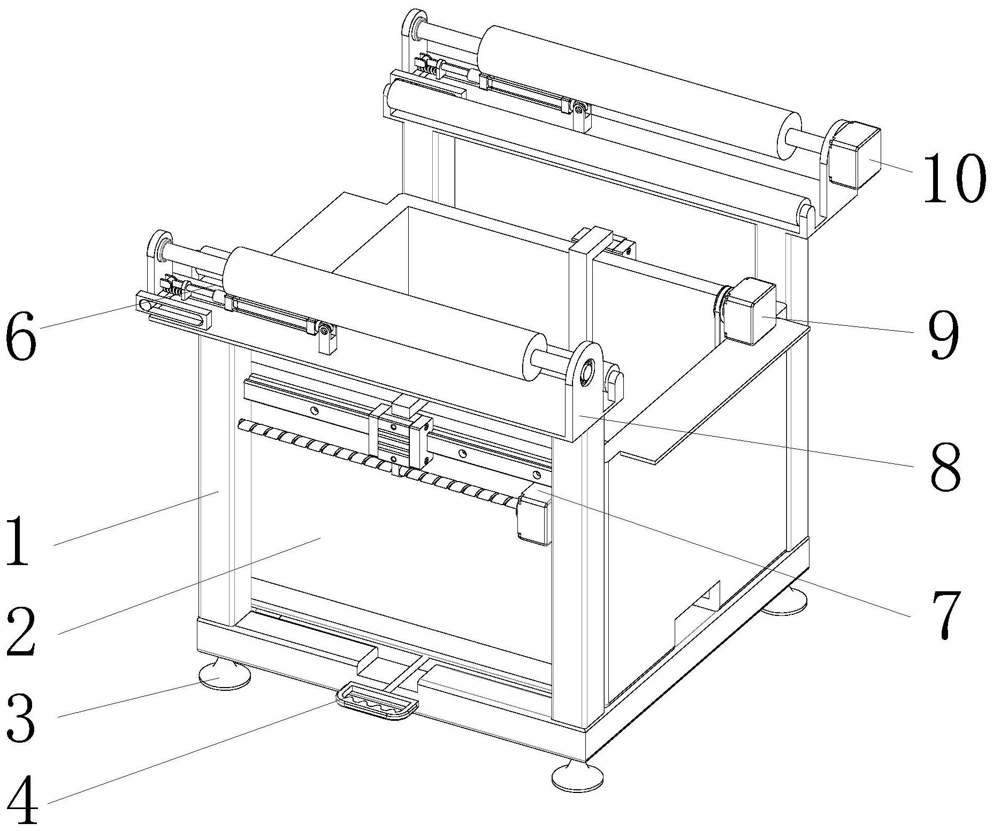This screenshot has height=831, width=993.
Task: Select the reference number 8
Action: [945, 465]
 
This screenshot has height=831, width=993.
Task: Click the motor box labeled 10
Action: [853, 156]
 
